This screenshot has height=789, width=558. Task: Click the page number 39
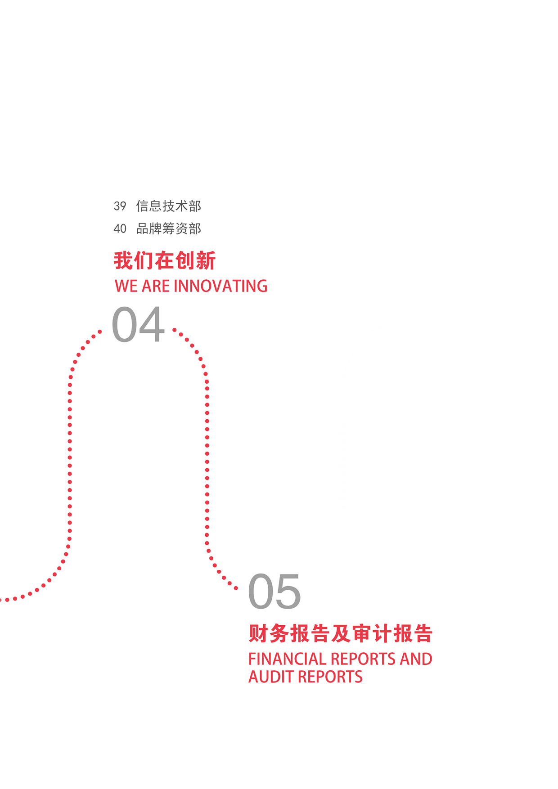(120, 206)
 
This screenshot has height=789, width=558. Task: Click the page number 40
(120, 229)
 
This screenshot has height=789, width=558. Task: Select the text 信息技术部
(168, 206)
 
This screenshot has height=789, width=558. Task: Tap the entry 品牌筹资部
(168, 229)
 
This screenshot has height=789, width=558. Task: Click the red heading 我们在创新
(165, 261)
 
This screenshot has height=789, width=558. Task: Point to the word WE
(126, 286)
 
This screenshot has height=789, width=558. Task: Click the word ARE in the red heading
(155, 286)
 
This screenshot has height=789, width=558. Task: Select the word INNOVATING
(220, 286)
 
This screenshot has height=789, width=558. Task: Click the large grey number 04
(138, 325)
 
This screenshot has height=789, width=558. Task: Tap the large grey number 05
(274, 592)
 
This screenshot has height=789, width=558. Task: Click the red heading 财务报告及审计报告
(340, 634)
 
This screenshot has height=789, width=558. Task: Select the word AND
(416, 659)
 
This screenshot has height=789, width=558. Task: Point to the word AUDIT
(271, 677)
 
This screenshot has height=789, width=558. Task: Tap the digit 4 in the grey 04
(152, 325)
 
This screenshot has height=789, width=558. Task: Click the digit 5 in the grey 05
(288, 592)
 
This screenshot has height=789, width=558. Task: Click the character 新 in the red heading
(206, 261)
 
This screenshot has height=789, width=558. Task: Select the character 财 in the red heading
(258, 634)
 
